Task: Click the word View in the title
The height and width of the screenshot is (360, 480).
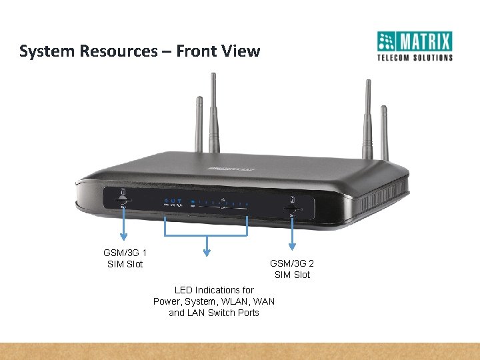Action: pos(241,51)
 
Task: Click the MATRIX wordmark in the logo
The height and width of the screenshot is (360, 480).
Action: pos(425,42)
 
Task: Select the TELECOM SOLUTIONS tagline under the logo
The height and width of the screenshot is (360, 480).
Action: pos(415,57)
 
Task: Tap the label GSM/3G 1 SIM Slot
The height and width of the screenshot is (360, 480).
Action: pos(125,259)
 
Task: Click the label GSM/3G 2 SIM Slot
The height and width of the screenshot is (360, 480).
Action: pos(292,269)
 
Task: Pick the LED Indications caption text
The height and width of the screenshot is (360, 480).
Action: pos(214,301)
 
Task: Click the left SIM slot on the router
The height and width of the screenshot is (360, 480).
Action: pos(123,199)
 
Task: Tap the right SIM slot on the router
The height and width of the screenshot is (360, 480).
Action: pos(291,207)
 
